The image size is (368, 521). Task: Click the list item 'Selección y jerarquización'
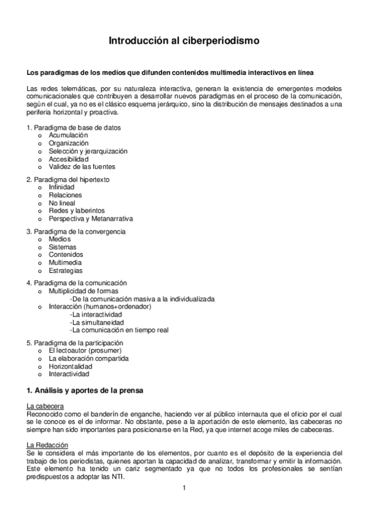(88, 151)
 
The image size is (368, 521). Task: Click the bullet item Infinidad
(61, 187)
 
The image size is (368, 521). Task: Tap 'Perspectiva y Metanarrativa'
(90, 218)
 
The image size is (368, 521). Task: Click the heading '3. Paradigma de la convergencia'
(76, 232)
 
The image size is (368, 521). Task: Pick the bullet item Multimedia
(66, 262)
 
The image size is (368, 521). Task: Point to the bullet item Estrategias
(66, 270)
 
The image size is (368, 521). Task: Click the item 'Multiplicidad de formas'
(84, 291)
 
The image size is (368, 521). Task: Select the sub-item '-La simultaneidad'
(96, 322)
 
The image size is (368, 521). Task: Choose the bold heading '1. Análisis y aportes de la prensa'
(84, 391)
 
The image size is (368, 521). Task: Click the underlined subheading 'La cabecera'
(42, 407)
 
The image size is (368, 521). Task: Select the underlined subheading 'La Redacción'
(44, 445)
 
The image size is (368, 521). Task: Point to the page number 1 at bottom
(184, 489)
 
